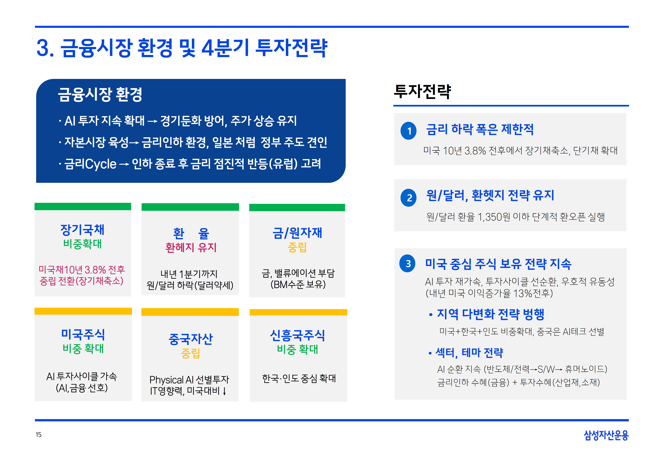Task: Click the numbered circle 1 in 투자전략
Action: point(408,131)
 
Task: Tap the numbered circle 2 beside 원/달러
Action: point(408,198)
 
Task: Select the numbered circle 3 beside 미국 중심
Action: point(407,264)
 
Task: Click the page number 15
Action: point(39,435)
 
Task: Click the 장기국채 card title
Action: point(82,230)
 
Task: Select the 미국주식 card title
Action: point(83,334)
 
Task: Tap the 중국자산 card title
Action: point(190,339)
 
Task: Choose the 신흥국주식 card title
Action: point(297,335)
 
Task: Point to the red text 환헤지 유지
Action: point(191,247)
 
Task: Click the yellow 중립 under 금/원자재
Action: point(297,247)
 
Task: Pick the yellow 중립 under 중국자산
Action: point(190,353)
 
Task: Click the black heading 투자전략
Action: point(422,92)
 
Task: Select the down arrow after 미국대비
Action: point(225,391)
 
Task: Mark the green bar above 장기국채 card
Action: point(83,206)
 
